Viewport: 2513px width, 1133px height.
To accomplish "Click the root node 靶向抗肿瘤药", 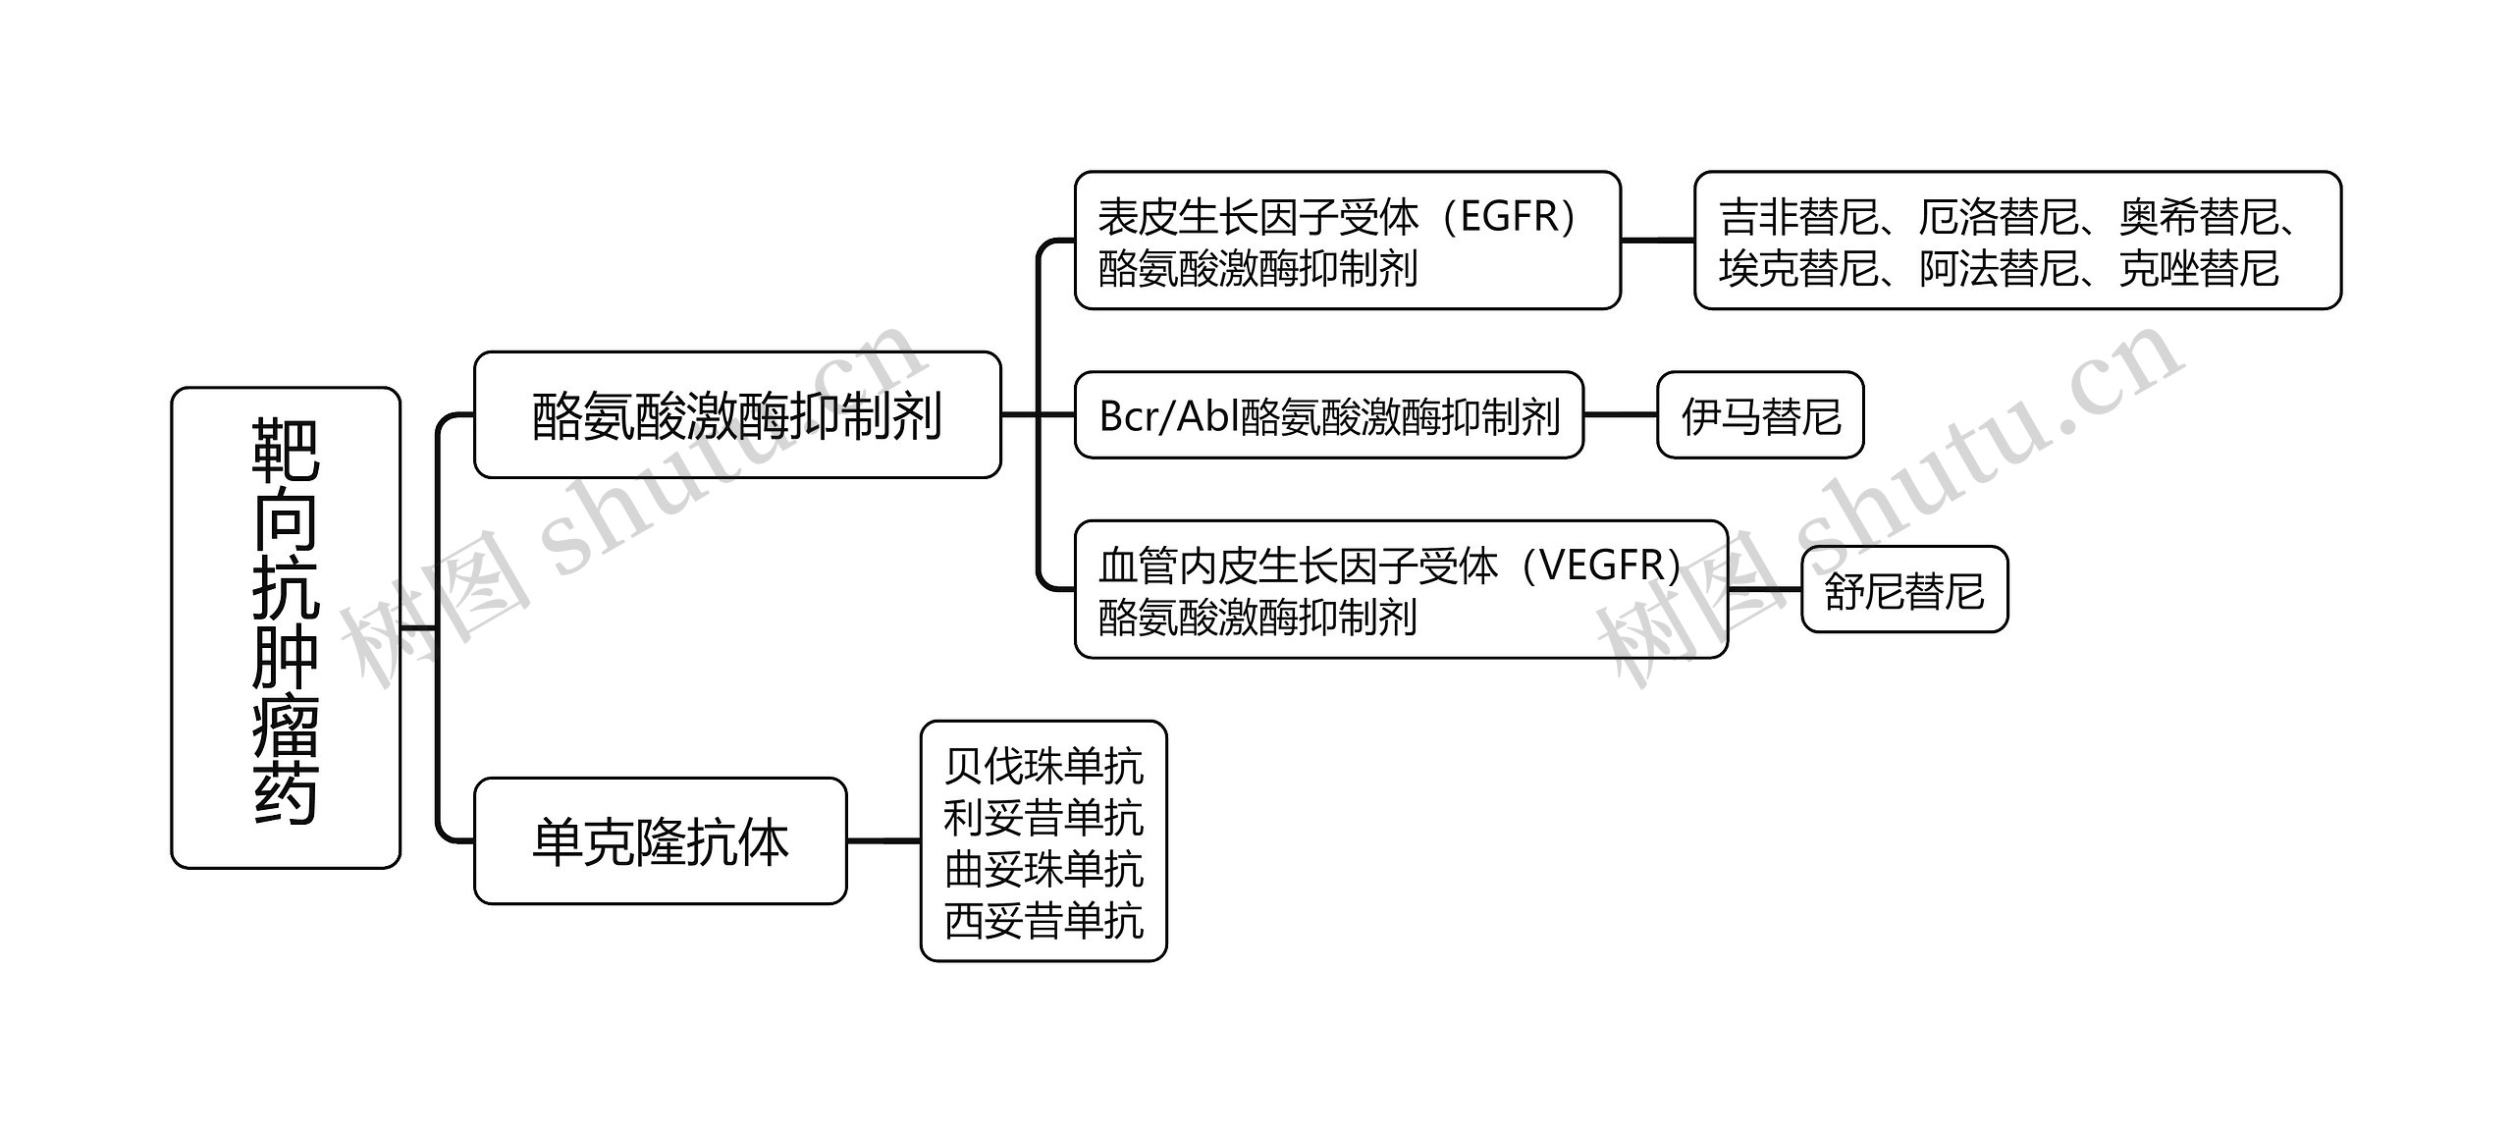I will pos(286,626).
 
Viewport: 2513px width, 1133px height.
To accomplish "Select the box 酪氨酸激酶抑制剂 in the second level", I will pos(736,415).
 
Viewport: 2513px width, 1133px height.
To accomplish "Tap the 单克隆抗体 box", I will pos(660,841).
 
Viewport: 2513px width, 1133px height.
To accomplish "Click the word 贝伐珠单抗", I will pos(1043,767).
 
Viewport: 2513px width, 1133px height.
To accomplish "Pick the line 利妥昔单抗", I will pos(1043,818).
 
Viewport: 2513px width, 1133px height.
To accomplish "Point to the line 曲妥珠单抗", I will pos(1043,870).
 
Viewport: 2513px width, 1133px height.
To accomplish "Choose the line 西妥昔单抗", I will pos(1043,921).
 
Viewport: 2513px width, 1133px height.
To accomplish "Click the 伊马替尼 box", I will pos(1760,415).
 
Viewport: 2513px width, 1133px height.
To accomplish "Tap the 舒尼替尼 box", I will pos(1903,590).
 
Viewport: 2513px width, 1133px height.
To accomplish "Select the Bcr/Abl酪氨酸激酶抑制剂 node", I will pos(1328,415).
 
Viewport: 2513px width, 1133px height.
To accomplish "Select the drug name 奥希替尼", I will pos(2197,217).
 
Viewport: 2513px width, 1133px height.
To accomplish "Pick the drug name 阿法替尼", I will pos(1999,268).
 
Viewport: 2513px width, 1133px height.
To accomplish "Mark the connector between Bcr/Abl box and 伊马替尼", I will pos(1620,415).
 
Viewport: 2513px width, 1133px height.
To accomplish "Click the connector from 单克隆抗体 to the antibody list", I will pos(882,841).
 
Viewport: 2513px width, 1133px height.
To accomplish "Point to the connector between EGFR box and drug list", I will pos(1657,240).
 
